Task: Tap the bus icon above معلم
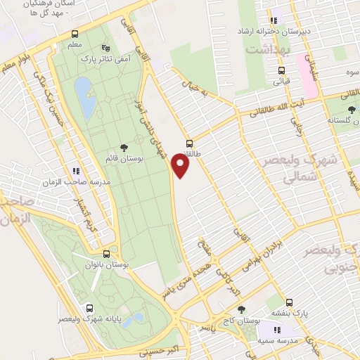click(x=75, y=34)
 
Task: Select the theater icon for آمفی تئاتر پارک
click(x=105, y=49)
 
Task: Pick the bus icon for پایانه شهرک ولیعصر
click(x=89, y=308)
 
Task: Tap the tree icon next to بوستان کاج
click(x=242, y=309)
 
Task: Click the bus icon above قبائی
click(x=281, y=70)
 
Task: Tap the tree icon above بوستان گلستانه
click(x=351, y=109)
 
